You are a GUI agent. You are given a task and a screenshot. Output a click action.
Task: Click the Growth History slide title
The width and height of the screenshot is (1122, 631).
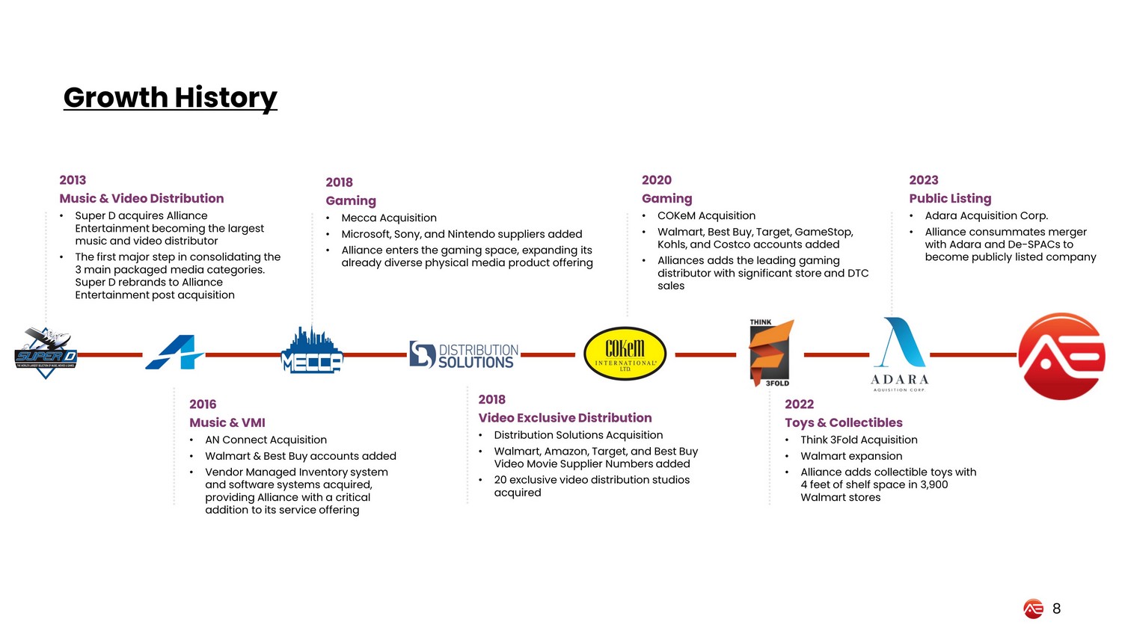(x=170, y=97)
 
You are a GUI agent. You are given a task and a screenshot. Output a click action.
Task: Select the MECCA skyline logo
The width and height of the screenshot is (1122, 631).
(x=311, y=351)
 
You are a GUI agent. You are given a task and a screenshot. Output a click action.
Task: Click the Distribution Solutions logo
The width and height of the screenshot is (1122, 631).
(x=464, y=355)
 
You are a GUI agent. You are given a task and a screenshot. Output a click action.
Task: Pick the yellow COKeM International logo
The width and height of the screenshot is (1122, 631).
(x=625, y=354)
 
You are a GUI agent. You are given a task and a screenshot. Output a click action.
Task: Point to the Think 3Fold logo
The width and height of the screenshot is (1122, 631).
(x=770, y=353)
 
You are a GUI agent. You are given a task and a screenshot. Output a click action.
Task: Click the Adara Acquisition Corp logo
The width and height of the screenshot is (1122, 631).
(x=899, y=354)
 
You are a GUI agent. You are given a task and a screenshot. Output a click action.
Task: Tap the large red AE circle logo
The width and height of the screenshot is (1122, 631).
(x=1061, y=356)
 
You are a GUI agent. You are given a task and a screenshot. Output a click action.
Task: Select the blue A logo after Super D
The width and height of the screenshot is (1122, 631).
(x=174, y=352)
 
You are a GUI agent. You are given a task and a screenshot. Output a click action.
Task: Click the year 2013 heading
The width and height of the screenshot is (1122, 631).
(x=73, y=180)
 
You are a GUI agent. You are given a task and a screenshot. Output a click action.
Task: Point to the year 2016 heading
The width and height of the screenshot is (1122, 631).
(x=203, y=404)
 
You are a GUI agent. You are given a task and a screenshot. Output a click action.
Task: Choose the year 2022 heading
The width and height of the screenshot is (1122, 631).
(x=799, y=404)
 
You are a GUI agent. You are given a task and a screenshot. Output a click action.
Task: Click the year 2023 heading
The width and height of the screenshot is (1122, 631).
(x=924, y=180)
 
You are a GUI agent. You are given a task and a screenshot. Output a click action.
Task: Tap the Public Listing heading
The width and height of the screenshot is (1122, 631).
(x=950, y=198)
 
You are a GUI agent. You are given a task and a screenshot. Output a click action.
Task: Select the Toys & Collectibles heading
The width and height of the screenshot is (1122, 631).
(x=844, y=422)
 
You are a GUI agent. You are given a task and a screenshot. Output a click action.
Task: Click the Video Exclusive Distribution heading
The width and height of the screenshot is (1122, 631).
(x=565, y=418)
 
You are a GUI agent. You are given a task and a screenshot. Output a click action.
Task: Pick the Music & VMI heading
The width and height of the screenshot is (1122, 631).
(x=227, y=422)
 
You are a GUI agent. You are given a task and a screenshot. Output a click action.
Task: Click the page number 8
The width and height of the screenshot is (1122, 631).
(x=1056, y=609)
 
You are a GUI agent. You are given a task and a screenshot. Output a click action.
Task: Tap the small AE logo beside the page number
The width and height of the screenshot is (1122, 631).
(x=1033, y=609)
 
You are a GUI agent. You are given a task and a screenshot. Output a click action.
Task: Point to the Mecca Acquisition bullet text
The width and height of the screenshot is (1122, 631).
(x=389, y=218)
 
